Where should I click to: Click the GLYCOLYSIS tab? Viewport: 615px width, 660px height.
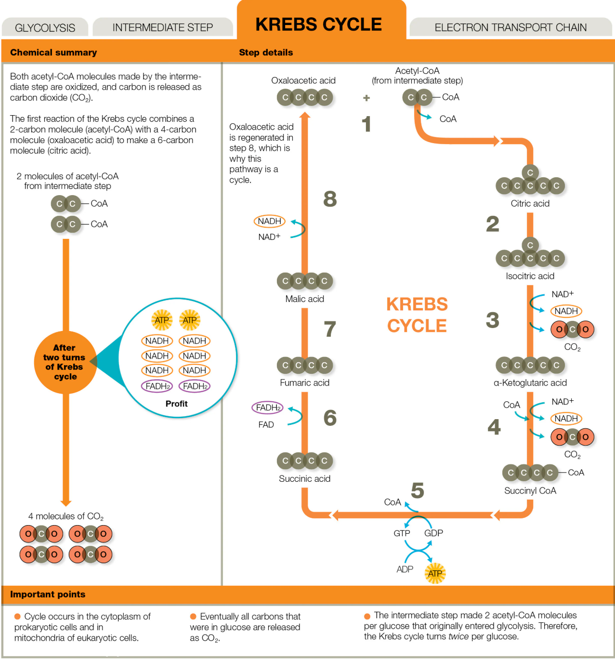[45, 27]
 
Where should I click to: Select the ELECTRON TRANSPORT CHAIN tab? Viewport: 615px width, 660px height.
[510, 27]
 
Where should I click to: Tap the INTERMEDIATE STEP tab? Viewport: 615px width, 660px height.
[163, 27]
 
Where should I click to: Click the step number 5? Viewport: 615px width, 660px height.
[418, 490]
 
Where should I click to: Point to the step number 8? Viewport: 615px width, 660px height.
[330, 199]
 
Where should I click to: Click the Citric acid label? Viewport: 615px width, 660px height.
[530, 203]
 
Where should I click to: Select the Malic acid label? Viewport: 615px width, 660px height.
[305, 299]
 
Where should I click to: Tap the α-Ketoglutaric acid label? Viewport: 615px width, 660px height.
[530, 383]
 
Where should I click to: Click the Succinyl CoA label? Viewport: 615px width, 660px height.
[530, 491]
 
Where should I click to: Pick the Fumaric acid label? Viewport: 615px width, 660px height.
[305, 383]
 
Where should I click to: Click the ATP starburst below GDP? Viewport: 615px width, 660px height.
[435, 573]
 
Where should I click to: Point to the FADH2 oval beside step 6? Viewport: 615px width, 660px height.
[267, 408]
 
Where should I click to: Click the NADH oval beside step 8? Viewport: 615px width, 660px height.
[270, 221]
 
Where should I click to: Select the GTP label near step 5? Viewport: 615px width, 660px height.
[402, 533]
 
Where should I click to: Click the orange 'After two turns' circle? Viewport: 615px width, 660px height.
[65, 362]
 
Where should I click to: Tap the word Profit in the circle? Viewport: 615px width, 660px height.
[176, 403]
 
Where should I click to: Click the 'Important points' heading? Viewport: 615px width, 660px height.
[48, 594]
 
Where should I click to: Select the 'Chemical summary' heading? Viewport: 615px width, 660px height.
[53, 52]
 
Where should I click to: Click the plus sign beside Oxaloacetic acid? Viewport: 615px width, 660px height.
[366, 98]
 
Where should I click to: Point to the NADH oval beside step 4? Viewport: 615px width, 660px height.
[566, 418]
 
